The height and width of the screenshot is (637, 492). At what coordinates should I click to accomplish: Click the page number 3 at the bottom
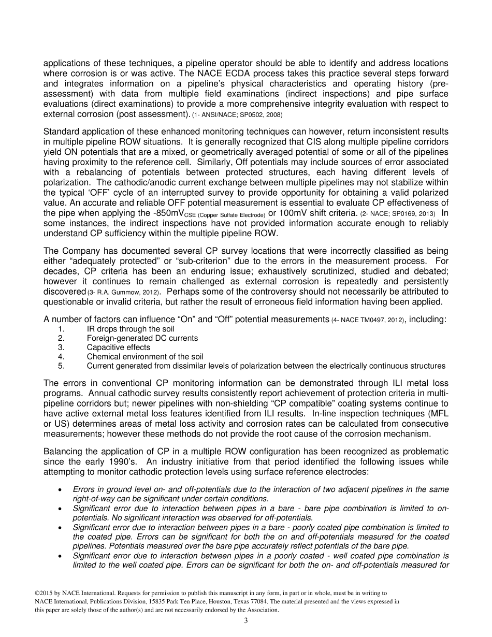[x=246, y=621]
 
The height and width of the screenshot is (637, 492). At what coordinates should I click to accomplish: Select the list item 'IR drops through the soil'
[x=131, y=329]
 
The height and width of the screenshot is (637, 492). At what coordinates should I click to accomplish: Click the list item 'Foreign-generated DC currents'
[x=142, y=338]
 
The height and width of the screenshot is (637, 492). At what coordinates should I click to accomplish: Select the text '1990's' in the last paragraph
[x=114, y=461]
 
